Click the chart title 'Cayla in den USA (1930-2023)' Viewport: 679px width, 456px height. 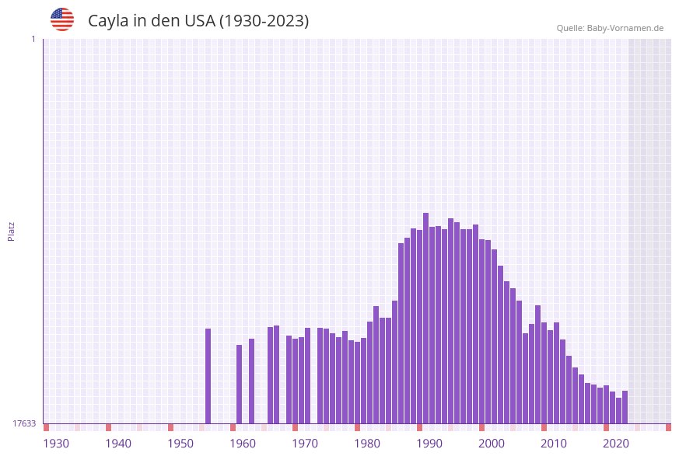[198, 21]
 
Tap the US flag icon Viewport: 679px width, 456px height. [62, 19]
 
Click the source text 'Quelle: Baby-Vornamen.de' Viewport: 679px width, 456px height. [610, 28]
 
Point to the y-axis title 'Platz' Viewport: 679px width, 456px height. [12, 231]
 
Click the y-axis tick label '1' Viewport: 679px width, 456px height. [33, 39]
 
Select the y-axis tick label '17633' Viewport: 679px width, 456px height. [24, 423]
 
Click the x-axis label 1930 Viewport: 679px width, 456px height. [56, 444]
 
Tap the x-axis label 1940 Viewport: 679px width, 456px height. [118, 444]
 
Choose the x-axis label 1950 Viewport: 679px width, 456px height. [180, 444]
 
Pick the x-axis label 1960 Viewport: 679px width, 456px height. [243, 444]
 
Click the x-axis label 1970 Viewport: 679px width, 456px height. [305, 444]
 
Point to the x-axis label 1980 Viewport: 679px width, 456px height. [367, 444]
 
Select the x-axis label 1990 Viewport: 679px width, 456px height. [429, 444]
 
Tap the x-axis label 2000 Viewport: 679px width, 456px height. [492, 444]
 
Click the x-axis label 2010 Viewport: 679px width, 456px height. [554, 444]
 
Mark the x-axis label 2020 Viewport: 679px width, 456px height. [616, 444]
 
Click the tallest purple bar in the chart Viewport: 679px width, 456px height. [425, 319]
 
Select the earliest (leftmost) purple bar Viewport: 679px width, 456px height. [208, 376]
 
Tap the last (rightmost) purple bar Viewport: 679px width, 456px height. [625, 407]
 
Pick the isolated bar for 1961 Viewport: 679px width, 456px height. [251, 381]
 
